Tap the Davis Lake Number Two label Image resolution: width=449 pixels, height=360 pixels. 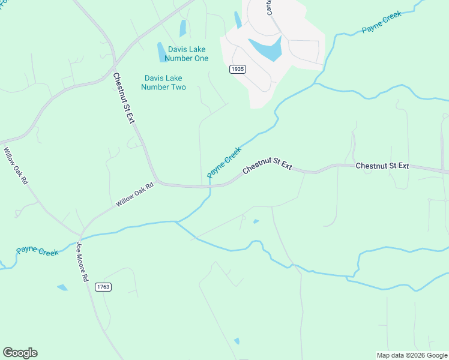(163, 83)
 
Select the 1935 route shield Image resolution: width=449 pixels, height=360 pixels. (238, 69)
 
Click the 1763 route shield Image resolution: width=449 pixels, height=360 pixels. (103, 287)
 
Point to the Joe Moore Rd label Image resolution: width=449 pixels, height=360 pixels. (82, 262)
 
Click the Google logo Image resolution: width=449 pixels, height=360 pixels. (20, 353)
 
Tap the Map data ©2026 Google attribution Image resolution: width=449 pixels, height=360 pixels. (412, 355)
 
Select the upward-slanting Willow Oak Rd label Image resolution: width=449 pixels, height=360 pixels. (135, 195)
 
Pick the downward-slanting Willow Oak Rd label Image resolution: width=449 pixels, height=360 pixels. (16, 166)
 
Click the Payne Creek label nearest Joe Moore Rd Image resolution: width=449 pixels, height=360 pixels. (37, 251)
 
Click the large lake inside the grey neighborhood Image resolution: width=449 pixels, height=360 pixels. (265, 49)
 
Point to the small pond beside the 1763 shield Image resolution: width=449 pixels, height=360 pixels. (62, 287)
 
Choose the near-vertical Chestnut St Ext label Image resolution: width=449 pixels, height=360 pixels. (124, 98)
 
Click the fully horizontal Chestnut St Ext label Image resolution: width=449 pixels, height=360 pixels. (382, 166)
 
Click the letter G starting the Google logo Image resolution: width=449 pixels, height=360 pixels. (8, 353)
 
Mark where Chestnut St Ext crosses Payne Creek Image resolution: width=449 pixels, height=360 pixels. (210, 186)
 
